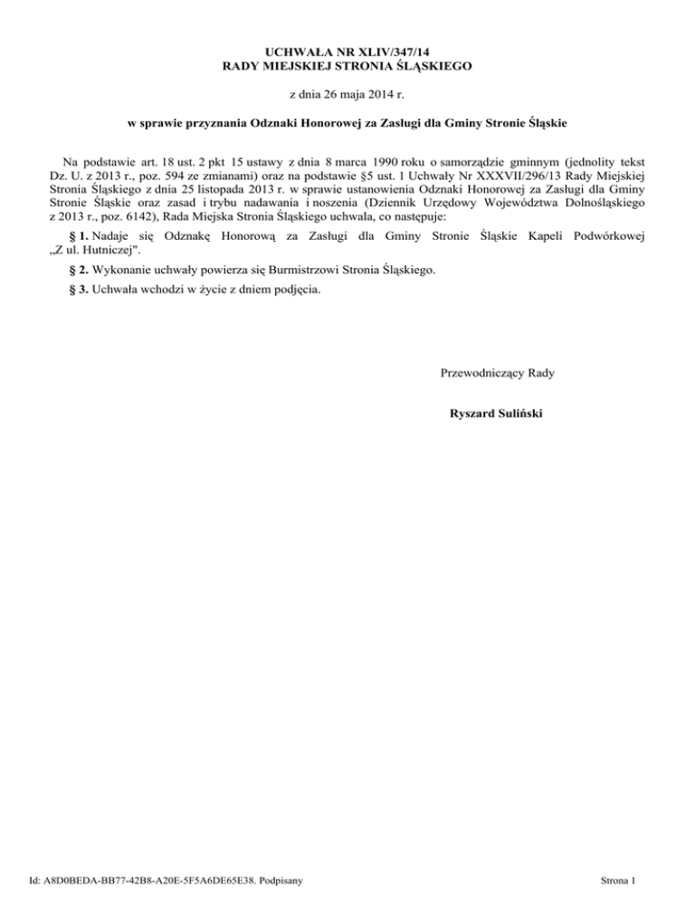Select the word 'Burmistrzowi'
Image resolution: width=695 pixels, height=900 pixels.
pyautogui.click(x=300, y=270)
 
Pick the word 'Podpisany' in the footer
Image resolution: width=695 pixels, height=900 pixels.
pyautogui.click(x=279, y=879)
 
